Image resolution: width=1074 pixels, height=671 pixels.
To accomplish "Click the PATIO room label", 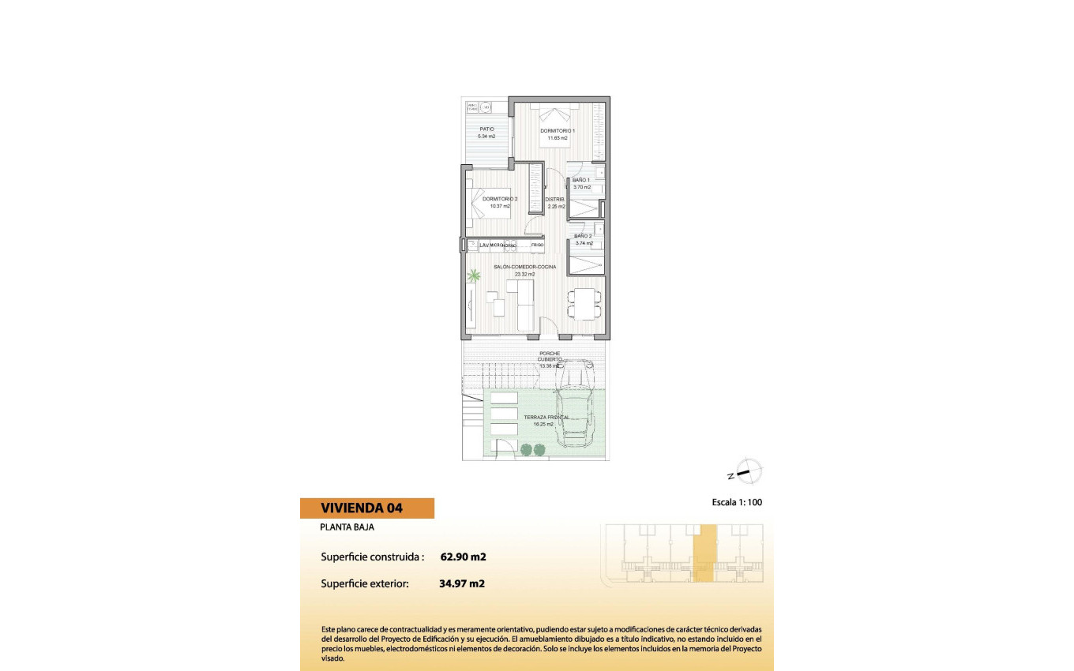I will click(x=486, y=129).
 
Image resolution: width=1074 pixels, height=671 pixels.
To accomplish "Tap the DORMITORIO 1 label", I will click(x=558, y=130).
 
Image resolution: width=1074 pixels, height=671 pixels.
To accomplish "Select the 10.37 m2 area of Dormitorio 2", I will click(x=500, y=206).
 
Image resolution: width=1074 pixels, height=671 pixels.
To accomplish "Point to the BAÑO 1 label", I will click(x=581, y=180).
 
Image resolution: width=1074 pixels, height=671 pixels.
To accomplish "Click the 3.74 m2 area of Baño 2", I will click(x=584, y=243).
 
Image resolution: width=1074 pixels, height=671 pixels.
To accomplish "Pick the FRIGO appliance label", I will click(x=537, y=246).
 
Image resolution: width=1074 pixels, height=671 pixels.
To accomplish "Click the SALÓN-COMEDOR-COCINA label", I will click(x=525, y=267).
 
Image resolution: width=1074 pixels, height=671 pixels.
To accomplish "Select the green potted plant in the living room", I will click(x=474, y=276).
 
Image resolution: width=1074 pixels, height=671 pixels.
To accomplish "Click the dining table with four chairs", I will click(x=584, y=304).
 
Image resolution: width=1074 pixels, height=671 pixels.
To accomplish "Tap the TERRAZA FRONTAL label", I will click(x=546, y=416).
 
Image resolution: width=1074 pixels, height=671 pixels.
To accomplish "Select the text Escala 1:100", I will click(x=737, y=502).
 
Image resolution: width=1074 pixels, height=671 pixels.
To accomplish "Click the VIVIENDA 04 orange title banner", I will click(x=367, y=508).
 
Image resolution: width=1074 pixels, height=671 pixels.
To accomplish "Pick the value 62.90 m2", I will click(x=463, y=557).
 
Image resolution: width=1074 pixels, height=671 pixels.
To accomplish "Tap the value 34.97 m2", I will click(x=461, y=584).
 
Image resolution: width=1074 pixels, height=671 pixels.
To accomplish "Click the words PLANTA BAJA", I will click(x=347, y=527).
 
